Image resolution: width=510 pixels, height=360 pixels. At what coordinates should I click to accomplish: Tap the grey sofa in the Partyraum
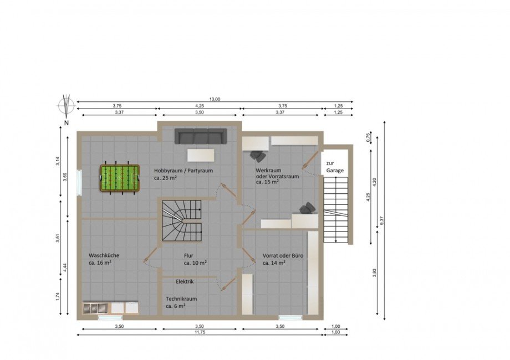pos(200,136)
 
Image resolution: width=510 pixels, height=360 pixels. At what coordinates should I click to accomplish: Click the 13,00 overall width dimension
pos(215,99)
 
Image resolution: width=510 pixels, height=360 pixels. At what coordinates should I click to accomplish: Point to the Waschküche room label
pos(104,255)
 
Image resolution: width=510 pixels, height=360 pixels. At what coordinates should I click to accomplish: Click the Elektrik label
pos(185,282)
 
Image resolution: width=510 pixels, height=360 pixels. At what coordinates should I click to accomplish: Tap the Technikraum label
pos(181,299)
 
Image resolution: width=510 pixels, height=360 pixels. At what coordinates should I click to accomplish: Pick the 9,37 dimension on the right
pos(382,220)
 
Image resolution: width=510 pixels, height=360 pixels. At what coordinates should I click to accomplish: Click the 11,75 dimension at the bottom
pos(200,332)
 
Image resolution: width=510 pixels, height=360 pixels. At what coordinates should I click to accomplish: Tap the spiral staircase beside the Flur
pos(181,220)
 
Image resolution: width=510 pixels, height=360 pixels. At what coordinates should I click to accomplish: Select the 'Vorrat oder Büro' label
pos(283,256)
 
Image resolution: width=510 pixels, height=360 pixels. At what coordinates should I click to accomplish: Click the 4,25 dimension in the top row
pos(200,106)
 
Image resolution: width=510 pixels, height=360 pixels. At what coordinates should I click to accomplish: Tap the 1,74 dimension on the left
pos(57,297)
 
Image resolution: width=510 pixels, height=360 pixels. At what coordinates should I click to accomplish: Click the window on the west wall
pos(79,183)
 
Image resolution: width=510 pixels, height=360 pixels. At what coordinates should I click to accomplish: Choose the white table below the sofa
pos(201,155)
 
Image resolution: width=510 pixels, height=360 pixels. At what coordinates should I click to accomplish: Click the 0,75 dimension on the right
pos(368,138)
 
